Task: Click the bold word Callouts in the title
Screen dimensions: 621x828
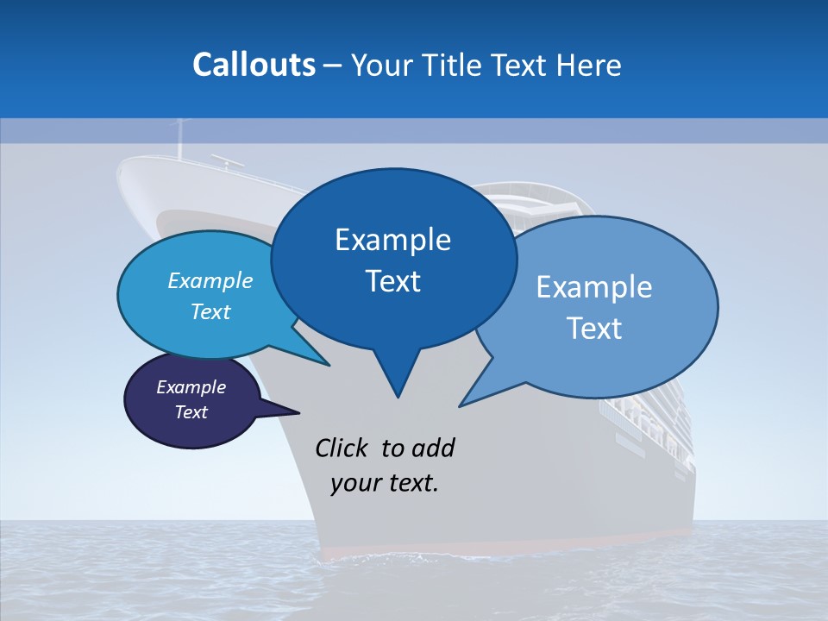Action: point(254,65)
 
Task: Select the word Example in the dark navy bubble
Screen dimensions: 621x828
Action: point(191,387)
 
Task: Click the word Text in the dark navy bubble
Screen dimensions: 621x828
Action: point(191,412)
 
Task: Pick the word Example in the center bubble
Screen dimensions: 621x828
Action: point(392,240)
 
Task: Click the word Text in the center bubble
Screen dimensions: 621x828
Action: point(392,281)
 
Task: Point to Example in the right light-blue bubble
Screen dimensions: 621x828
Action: point(594,287)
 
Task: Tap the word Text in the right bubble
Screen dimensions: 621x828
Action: point(594,329)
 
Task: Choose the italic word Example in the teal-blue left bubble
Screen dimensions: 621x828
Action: point(210,281)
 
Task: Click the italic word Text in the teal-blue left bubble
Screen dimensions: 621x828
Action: point(210,311)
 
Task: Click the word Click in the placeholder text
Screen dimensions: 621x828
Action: point(342,448)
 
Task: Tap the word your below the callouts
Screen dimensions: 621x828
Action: point(353,483)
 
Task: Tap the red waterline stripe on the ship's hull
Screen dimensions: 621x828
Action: point(509,549)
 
